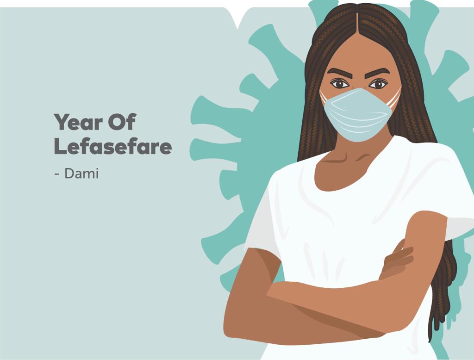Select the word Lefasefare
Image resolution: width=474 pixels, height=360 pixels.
pos(113,146)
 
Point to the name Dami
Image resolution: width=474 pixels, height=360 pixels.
pos(81,174)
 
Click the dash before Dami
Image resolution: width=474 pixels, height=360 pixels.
pos(57,174)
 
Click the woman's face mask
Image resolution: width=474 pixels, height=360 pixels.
pos(358,115)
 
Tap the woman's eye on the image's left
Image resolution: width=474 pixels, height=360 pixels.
pos(339,83)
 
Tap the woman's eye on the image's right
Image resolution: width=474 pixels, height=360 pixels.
pos(378,84)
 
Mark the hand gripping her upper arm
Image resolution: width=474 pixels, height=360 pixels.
pos(397,260)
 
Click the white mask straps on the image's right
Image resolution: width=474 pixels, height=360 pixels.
pos(394,97)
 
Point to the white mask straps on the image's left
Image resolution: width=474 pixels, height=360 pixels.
pos(323,96)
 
